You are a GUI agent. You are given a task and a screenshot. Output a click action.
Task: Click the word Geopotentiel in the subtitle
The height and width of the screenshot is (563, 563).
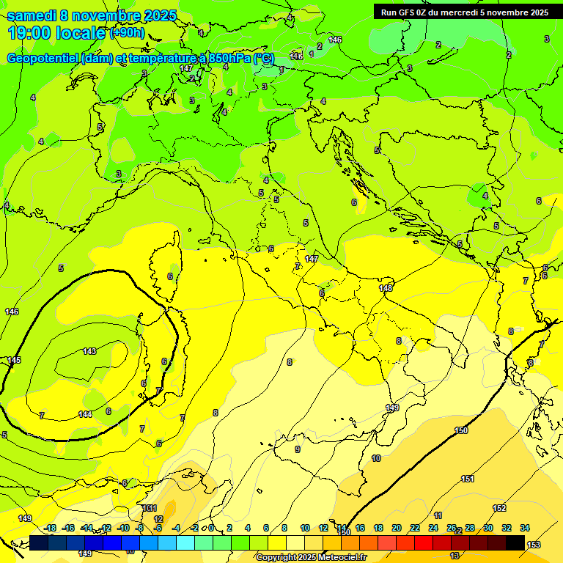(43, 59)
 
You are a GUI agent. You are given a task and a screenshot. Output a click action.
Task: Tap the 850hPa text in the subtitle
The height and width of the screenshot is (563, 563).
(227, 59)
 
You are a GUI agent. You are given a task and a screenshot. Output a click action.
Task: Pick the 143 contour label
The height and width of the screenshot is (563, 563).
(89, 351)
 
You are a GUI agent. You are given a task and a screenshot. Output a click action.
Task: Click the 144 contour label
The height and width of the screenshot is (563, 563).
(85, 414)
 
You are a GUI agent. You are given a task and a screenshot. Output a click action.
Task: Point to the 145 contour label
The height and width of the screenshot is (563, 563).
(14, 360)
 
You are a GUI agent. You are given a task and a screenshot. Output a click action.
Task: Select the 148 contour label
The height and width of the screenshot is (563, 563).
(386, 288)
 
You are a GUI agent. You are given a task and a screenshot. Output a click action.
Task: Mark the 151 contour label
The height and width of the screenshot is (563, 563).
(468, 479)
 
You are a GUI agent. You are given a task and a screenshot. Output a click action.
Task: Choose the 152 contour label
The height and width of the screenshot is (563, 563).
(499, 508)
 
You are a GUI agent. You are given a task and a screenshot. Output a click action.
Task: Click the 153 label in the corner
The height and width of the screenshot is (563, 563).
(534, 544)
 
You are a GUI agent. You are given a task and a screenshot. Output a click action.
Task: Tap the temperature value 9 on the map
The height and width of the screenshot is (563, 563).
(297, 449)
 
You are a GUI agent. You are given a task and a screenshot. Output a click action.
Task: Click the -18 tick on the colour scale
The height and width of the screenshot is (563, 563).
(49, 528)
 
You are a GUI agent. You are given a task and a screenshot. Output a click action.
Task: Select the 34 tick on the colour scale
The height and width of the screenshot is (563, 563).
(525, 528)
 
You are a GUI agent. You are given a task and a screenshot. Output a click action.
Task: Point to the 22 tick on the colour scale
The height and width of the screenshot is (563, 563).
(415, 528)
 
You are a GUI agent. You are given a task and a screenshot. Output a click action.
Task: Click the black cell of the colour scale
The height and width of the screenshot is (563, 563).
(515, 542)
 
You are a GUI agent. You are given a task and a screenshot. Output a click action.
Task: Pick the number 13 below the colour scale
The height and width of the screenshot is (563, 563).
(455, 556)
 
